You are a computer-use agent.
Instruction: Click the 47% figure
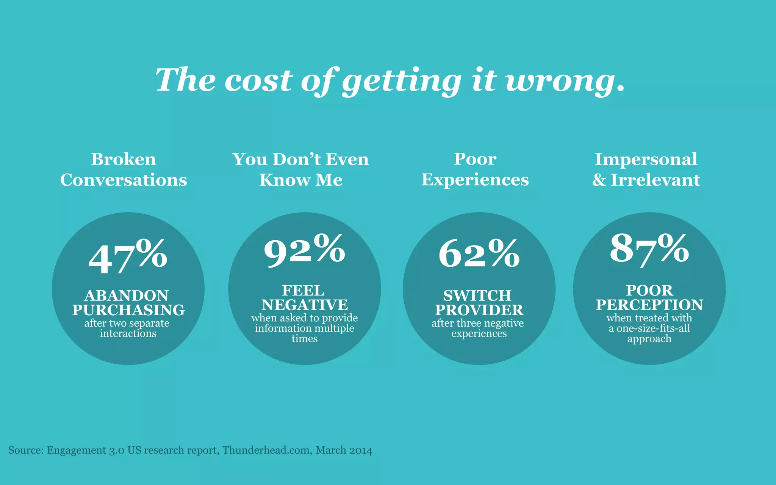(x=128, y=257)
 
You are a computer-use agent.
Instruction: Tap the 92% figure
(x=304, y=250)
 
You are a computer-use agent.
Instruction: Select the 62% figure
(x=479, y=253)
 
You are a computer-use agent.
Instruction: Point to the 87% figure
(x=649, y=249)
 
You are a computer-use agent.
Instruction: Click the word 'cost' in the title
(x=258, y=81)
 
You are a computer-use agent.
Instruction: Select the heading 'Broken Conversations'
(x=124, y=169)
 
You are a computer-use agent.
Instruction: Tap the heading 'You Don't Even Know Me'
(x=300, y=169)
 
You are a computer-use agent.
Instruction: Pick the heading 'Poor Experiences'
(x=475, y=169)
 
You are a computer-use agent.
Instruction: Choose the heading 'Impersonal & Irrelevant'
(x=646, y=169)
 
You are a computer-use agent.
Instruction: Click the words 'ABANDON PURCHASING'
(x=128, y=303)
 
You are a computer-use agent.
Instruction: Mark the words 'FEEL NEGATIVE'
(x=304, y=298)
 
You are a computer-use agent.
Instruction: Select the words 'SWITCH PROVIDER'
(x=479, y=303)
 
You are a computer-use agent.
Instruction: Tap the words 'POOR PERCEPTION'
(x=649, y=298)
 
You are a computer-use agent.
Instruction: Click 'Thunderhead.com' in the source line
(x=267, y=450)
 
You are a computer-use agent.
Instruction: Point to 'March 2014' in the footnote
(x=344, y=450)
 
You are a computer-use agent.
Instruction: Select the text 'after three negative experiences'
(x=478, y=328)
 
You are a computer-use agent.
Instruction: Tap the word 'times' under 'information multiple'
(x=304, y=339)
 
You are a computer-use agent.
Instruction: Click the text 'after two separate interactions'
(x=127, y=328)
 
